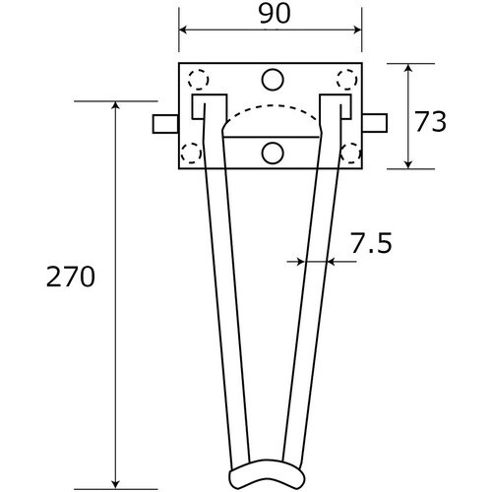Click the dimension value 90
coord(275,15)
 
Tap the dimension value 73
coord(431,122)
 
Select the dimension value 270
coord(71,277)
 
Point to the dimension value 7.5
coord(371,243)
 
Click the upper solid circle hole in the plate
coord(273,80)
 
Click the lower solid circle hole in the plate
coord(273,154)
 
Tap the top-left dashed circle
coord(198,80)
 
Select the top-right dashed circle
coord(347,80)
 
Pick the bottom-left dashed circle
coord(192,153)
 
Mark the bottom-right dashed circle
coord(350,153)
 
